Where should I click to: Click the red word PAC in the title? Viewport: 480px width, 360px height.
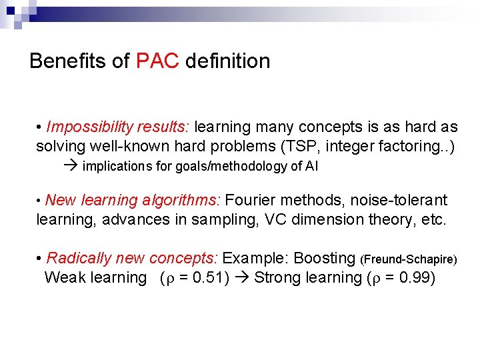pyautogui.click(x=157, y=61)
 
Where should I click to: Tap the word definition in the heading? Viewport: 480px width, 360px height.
pyautogui.click(x=227, y=61)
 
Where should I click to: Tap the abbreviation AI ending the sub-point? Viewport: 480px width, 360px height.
pyautogui.click(x=312, y=167)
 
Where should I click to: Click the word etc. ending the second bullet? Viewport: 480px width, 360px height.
pyautogui.click(x=433, y=219)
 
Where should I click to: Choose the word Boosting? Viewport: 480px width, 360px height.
pyautogui.click(x=324, y=258)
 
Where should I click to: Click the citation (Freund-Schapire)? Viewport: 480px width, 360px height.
pyautogui.click(x=408, y=259)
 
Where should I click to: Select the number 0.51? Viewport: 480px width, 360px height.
pyautogui.click(x=209, y=277)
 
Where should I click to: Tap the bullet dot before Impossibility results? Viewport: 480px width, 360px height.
pyautogui.click(x=40, y=127)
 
